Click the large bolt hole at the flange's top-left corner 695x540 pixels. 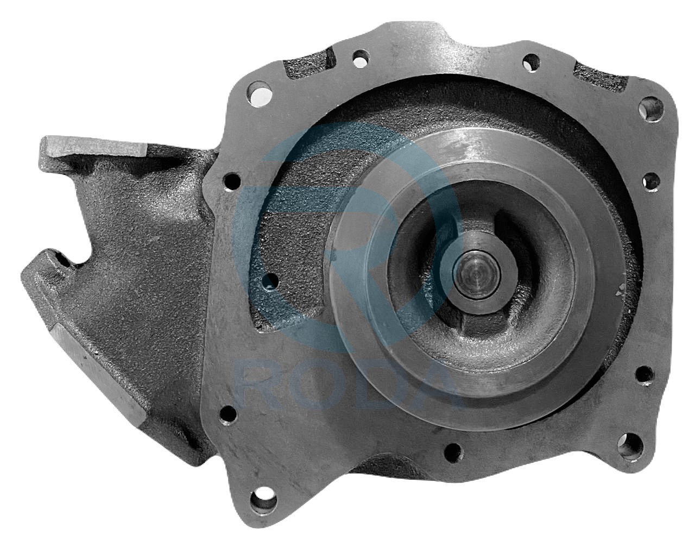point(260,94)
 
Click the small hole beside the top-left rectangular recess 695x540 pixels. point(361,59)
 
